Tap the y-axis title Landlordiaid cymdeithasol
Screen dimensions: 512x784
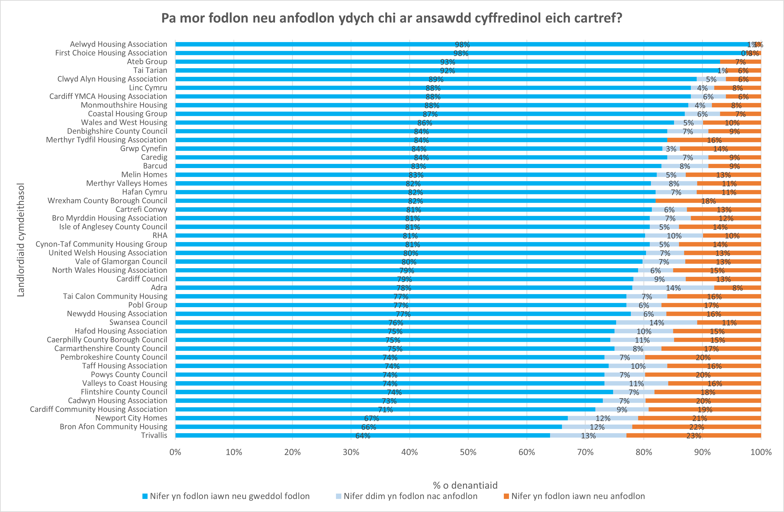[21, 240]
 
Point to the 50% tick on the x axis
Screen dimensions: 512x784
[468, 452]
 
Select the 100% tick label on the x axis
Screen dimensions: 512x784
[761, 452]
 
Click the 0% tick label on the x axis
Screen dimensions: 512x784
[175, 452]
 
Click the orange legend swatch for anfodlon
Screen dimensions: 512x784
[506, 496]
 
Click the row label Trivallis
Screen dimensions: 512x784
[154, 435]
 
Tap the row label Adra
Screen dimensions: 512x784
[159, 288]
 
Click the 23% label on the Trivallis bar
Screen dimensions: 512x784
[693, 436]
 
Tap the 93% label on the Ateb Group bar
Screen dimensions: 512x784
[447, 62]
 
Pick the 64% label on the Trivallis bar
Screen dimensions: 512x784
[362, 436]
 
